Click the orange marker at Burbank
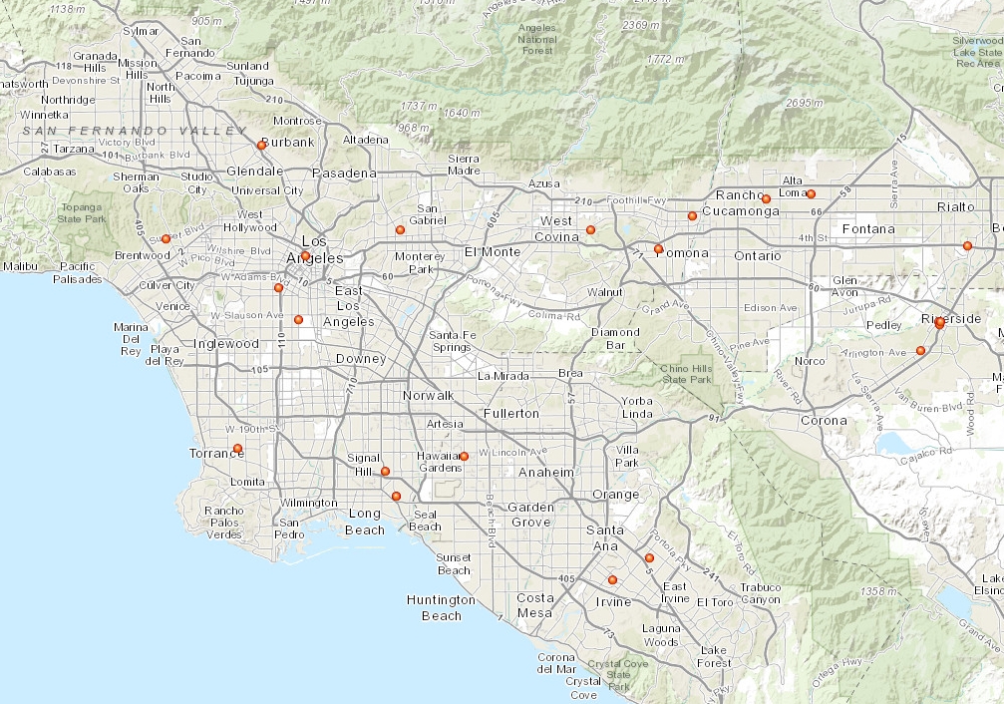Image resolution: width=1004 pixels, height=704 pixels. (261, 145)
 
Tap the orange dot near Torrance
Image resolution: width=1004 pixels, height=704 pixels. (237, 449)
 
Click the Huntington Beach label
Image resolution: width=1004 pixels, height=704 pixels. (441, 607)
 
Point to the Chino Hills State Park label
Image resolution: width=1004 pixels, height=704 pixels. (688, 373)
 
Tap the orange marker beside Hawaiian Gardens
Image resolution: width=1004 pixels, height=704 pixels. (464, 456)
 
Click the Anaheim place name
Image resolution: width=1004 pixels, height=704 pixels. (543, 472)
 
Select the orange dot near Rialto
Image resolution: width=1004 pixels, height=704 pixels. (967, 245)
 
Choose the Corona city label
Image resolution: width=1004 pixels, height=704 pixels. (823, 420)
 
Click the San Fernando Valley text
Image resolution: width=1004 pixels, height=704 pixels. (135, 131)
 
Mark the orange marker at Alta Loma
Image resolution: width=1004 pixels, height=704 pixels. (811, 193)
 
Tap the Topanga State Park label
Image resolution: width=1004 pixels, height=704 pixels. (81, 211)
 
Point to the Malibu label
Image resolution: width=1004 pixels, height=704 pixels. (21, 266)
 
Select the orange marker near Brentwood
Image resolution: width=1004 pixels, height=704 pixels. (166, 238)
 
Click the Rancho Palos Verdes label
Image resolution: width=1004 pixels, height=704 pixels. (224, 523)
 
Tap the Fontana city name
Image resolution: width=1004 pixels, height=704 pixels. (868, 228)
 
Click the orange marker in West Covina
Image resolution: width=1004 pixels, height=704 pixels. (590, 230)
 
